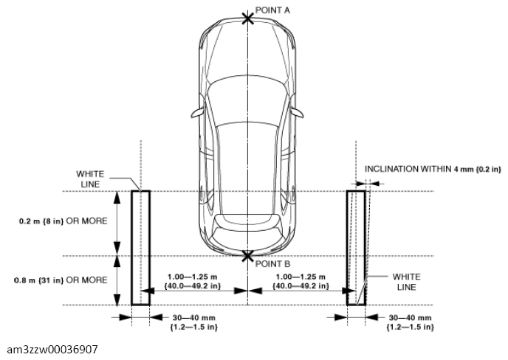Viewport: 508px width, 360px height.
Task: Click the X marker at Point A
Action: click(x=248, y=18)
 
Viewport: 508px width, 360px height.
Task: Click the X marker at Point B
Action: click(x=248, y=256)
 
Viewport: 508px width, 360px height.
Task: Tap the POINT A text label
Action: click(x=272, y=10)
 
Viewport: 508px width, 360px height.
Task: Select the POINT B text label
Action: click(x=272, y=264)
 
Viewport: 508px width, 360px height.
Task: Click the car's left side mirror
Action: click(x=198, y=112)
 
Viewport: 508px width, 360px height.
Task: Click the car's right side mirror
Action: click(x=297, y=112)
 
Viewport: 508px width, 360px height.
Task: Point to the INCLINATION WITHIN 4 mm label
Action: click(x=433, y=169)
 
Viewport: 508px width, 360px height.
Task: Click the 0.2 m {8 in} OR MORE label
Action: click(x=63, y=221)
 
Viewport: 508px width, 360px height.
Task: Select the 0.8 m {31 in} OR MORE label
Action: click(x=61, y=280)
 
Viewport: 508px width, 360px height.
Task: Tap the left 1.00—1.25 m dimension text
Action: click(x=193, y=282)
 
